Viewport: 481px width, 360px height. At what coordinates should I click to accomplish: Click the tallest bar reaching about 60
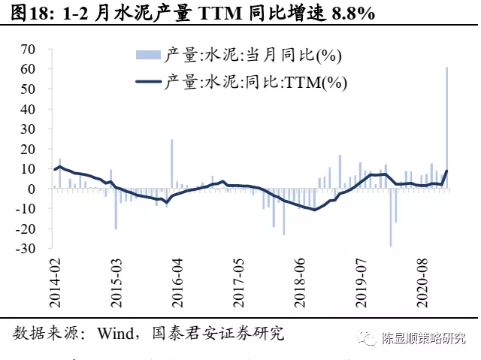point(447,128)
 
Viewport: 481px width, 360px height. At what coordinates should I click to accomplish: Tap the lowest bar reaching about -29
point(391,217)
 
